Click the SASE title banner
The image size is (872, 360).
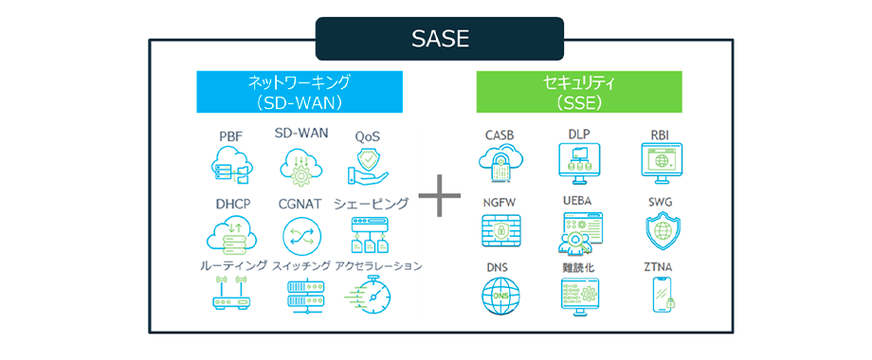tap(440, 38)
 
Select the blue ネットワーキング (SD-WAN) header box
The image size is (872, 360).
tap(300, 92)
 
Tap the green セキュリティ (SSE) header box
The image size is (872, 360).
tap(579, 92)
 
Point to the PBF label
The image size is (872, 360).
tap(230, 136)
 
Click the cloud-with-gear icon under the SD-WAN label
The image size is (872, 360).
tap(300, 165)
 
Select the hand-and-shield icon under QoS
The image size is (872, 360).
tap(368, 166)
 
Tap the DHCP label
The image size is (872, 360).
tap(233, 204)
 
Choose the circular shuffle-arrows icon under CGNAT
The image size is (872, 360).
tap(300, 234)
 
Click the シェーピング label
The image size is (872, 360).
tap(371, 204)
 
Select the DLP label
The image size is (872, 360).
tap(578, 135)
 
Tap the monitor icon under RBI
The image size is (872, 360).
tap(662, 163)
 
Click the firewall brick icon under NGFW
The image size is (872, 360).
tap(501, 230)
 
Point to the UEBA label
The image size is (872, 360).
tap(578, 202)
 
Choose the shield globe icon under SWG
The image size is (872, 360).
tap(661, 231)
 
